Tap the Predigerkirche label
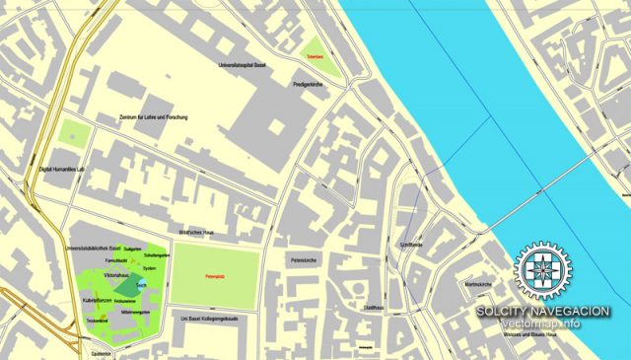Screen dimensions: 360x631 pos(308,86)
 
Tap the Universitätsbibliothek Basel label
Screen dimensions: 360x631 pos(95,248)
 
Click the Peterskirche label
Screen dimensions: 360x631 pos(303,260)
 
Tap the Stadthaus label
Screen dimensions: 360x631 pos(374,309)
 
